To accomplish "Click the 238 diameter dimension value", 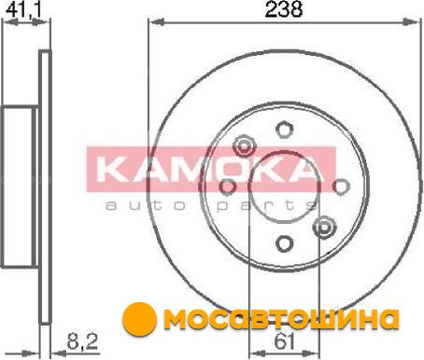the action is point(283,9).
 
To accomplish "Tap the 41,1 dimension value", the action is point(23,9).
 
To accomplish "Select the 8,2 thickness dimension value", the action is point(82,341).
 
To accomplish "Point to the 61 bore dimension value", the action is point(284,342).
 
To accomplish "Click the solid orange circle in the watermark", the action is point(139,319).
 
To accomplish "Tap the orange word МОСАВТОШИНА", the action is point(281,319).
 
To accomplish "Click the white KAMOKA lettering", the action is point(207,170).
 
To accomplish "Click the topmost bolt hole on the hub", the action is point(285,130).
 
